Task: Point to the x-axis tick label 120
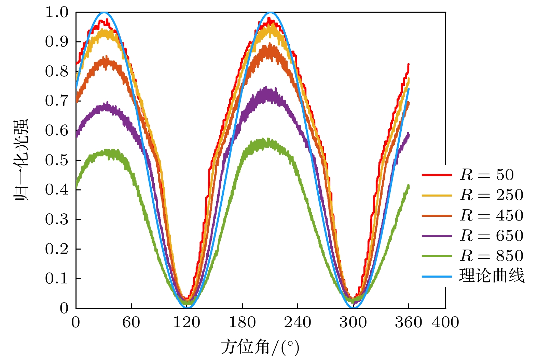point(187,322)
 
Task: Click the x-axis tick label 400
point(445,322)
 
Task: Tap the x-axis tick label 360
point(409,322)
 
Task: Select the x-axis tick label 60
point(131,322)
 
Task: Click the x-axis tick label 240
point(298,322)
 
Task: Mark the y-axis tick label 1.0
point(57,13)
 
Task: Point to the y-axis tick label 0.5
point(57,160)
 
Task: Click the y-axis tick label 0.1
point(57,279)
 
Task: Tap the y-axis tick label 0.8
point(57,71)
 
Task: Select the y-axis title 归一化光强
point(21,160)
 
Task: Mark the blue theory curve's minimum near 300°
point(353,307)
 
